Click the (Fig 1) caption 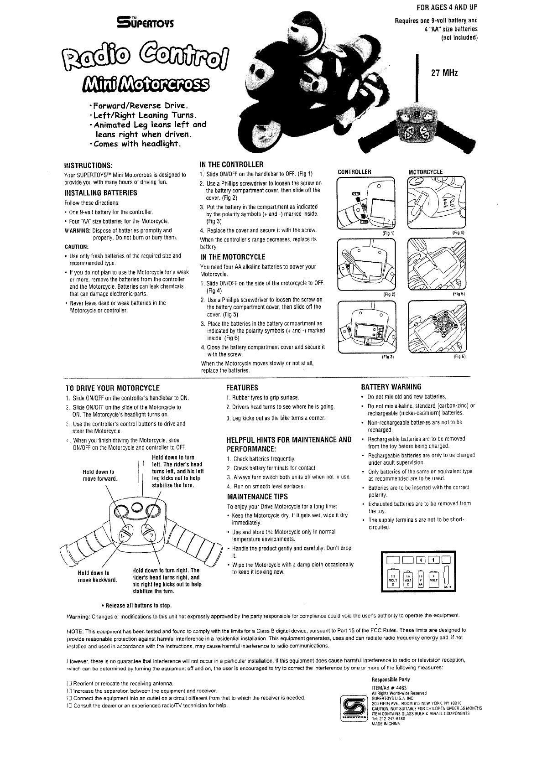point(389,233)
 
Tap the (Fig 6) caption point(459,357)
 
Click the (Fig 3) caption point(387,357)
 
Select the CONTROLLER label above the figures point(354,172)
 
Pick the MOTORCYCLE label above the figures point(425,172)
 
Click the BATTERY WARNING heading point(391,387)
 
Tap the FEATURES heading point(242,388)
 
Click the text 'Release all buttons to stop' point(136,606)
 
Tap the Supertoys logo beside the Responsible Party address point(354,707)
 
